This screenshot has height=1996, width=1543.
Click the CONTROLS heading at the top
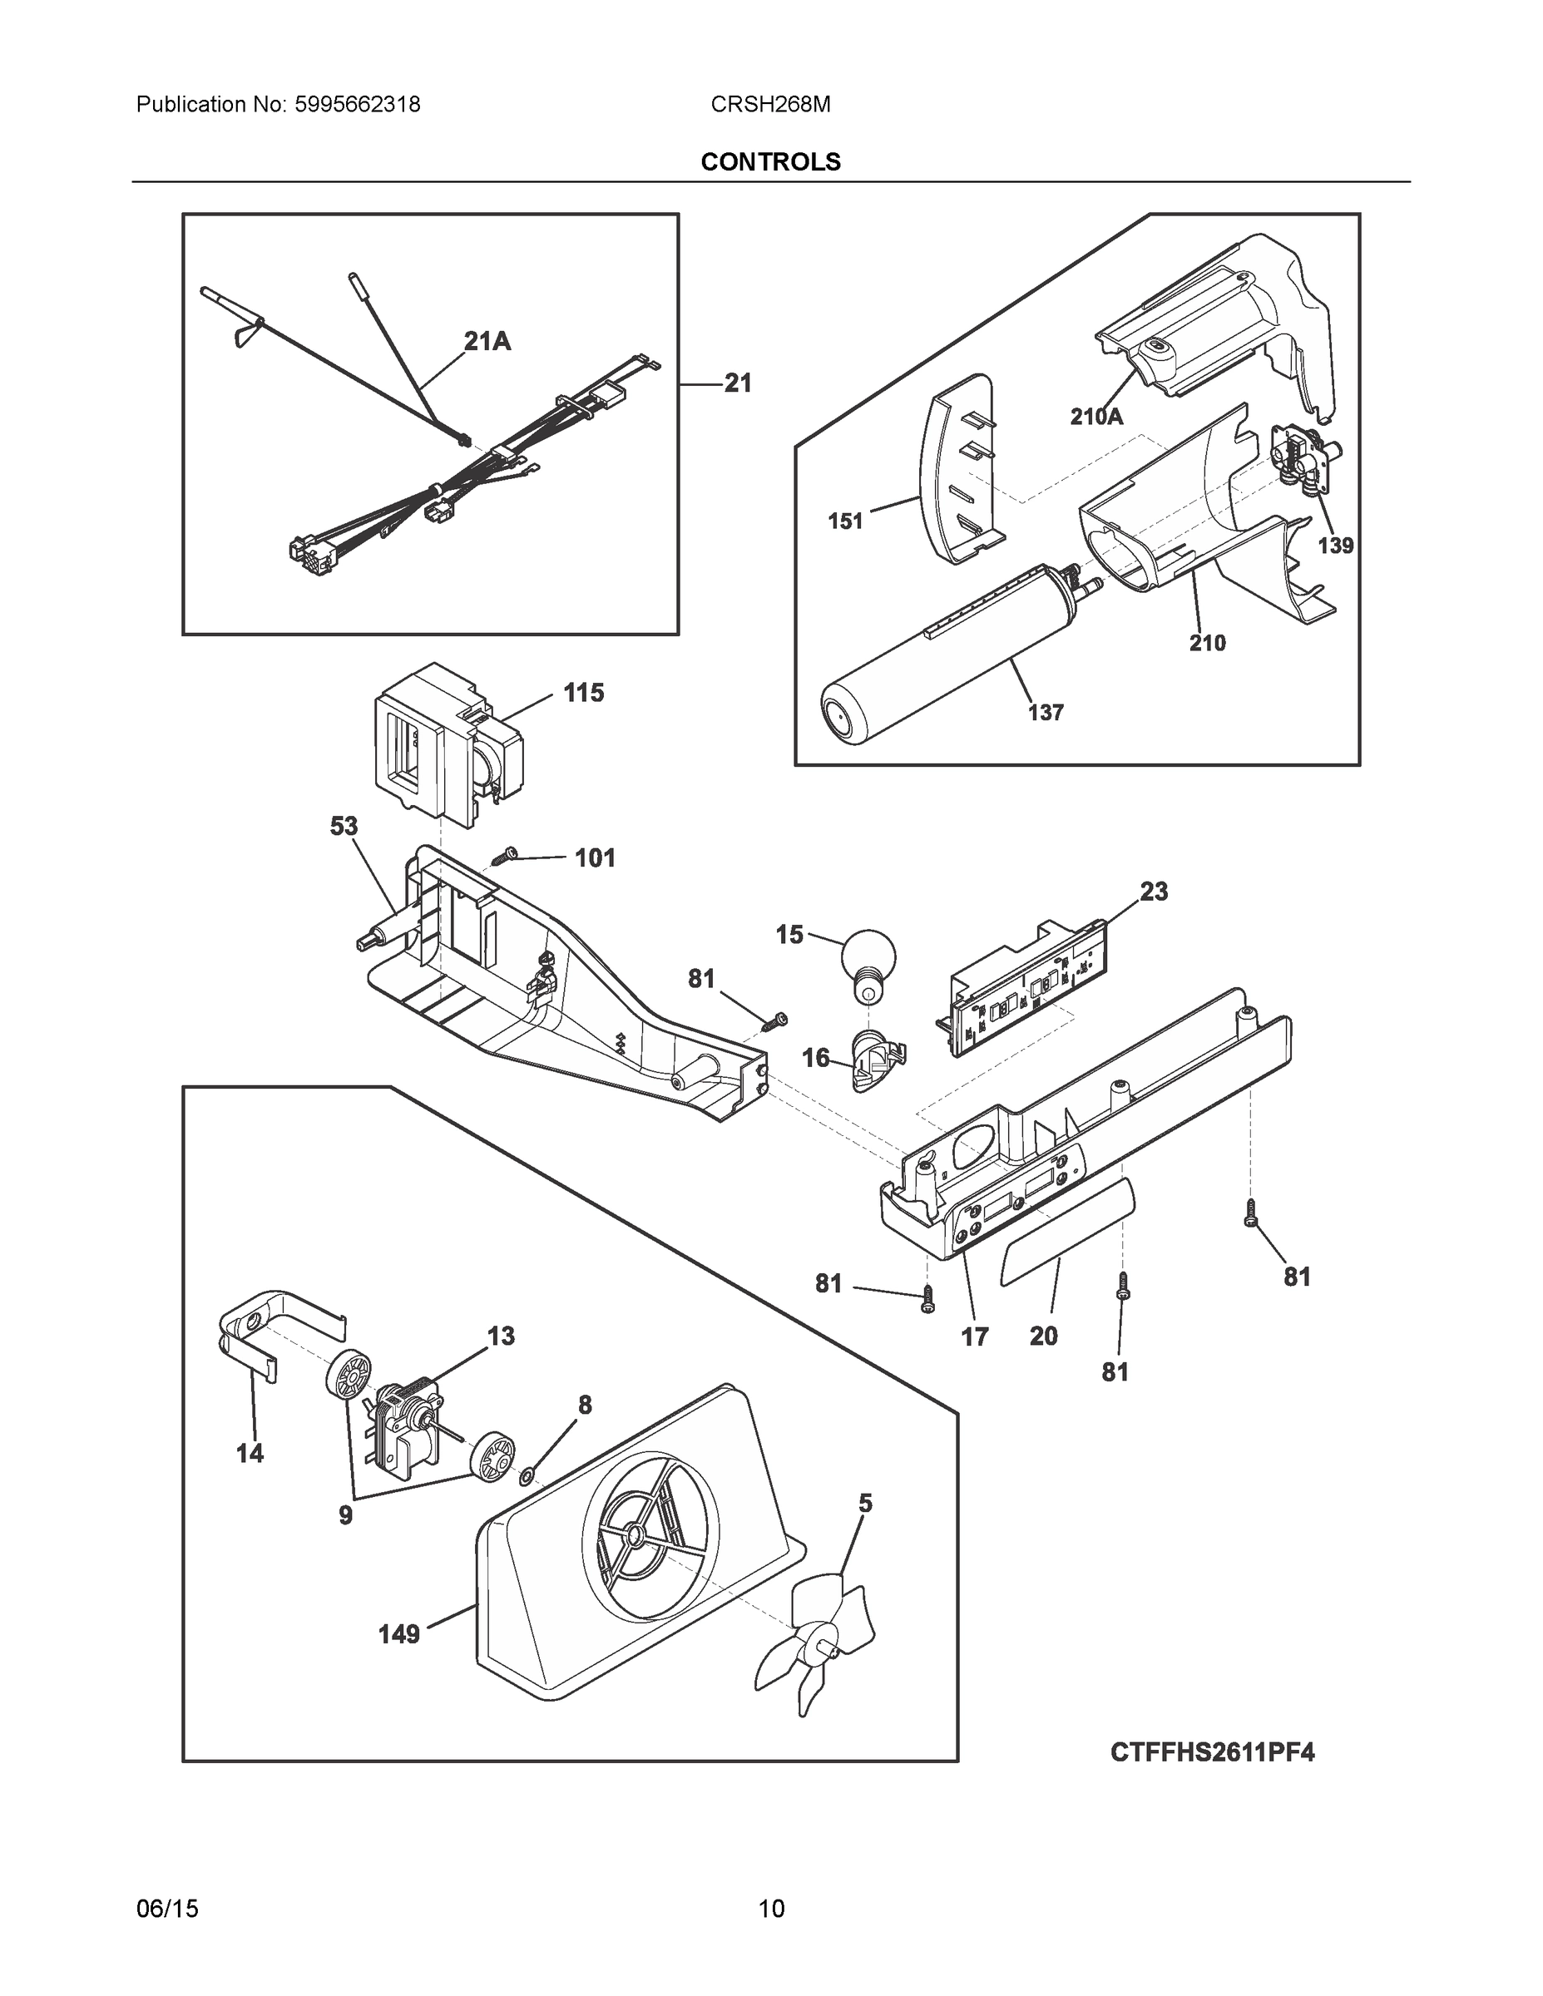(x=769, y=162)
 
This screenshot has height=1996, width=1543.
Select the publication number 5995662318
(x=358, y=105)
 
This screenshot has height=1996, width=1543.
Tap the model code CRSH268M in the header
(x=769, y=105)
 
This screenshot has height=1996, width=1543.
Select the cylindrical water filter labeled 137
(x=951, y=653)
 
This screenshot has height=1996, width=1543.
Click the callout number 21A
(x=487, y=342)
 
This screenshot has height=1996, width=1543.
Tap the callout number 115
(x=583, y=693)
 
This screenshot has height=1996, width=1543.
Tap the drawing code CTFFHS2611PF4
(x=1212, y=1752)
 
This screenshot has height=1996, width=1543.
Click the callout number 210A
(x=1096, y=417)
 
